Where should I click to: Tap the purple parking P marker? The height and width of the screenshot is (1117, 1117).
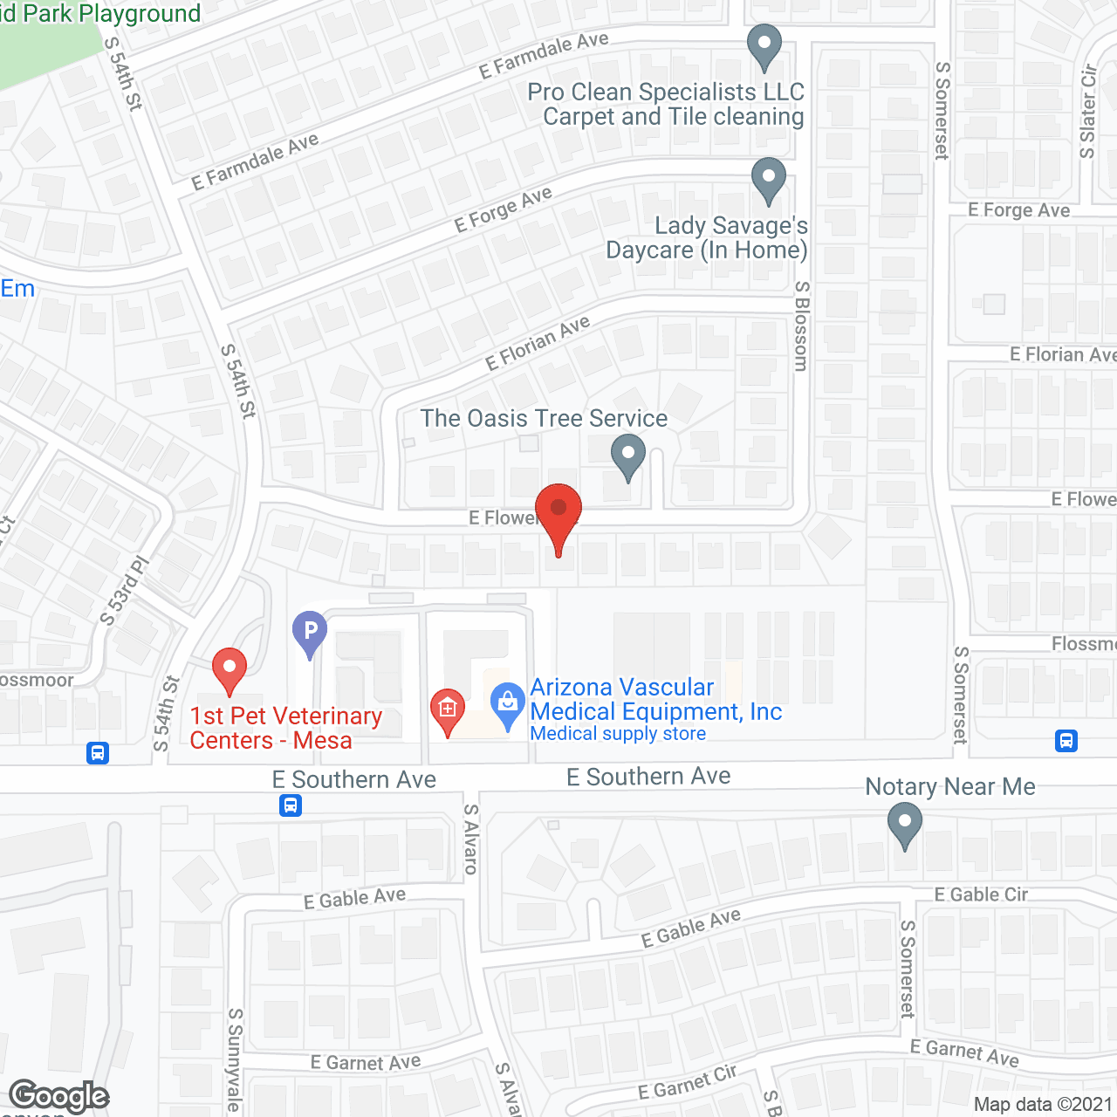[310, 632]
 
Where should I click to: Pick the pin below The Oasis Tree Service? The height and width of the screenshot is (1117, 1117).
[627, 456]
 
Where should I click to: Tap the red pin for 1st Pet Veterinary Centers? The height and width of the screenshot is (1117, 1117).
[230, 669]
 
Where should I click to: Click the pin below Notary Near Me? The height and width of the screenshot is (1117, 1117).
[905, 824]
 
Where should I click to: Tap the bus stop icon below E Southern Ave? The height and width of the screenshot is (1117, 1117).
[291, 805]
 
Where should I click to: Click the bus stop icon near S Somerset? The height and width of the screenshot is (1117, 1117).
[1066, 741]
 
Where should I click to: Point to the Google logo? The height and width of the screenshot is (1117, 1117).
[58, 1096]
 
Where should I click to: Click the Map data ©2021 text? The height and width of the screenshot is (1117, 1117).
[1043, 1104]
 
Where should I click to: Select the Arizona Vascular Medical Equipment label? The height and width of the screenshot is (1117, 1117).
[655, 699]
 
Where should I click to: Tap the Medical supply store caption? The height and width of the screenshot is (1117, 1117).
[618, 734]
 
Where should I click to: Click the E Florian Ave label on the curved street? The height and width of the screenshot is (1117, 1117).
[538, 342]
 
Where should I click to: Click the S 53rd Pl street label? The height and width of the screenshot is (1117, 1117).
[125, 591]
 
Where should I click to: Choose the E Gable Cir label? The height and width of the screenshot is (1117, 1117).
[981, 894]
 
